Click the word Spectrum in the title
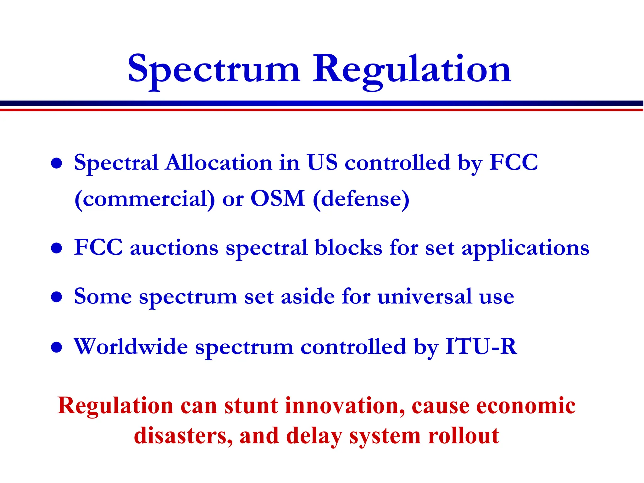click(x=214, y=69)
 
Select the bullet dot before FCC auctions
click(x=57, y=248)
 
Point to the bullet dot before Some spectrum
click(x=57, y=297)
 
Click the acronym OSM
click(x=278, y=199)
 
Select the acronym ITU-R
click(x=481, y=347)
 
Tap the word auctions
click(x=174, y=248)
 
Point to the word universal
click(x=425, y=296)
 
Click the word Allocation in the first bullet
click(x=219, y=163)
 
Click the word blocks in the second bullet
click(x=348, y=247)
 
